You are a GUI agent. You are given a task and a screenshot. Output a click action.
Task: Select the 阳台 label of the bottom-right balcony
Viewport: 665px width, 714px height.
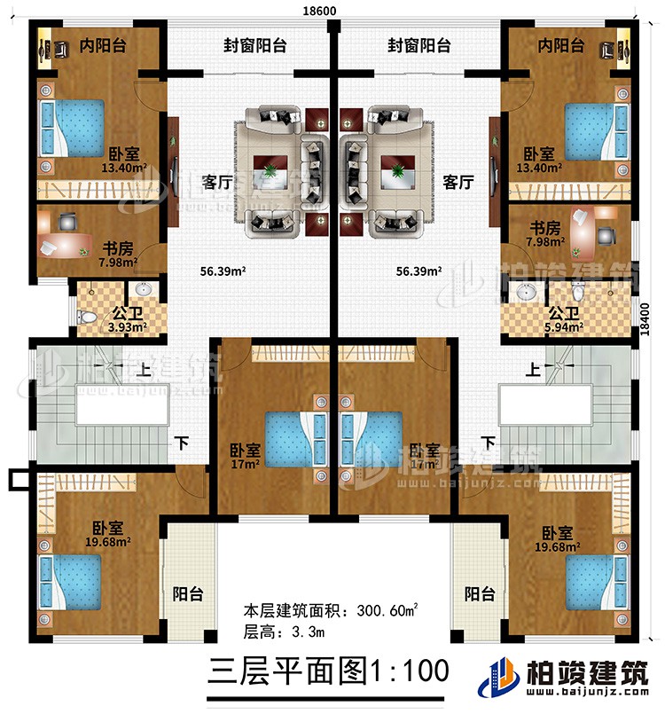point(478,593)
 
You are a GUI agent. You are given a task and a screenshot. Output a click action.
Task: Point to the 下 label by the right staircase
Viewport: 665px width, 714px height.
point(487,441)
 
